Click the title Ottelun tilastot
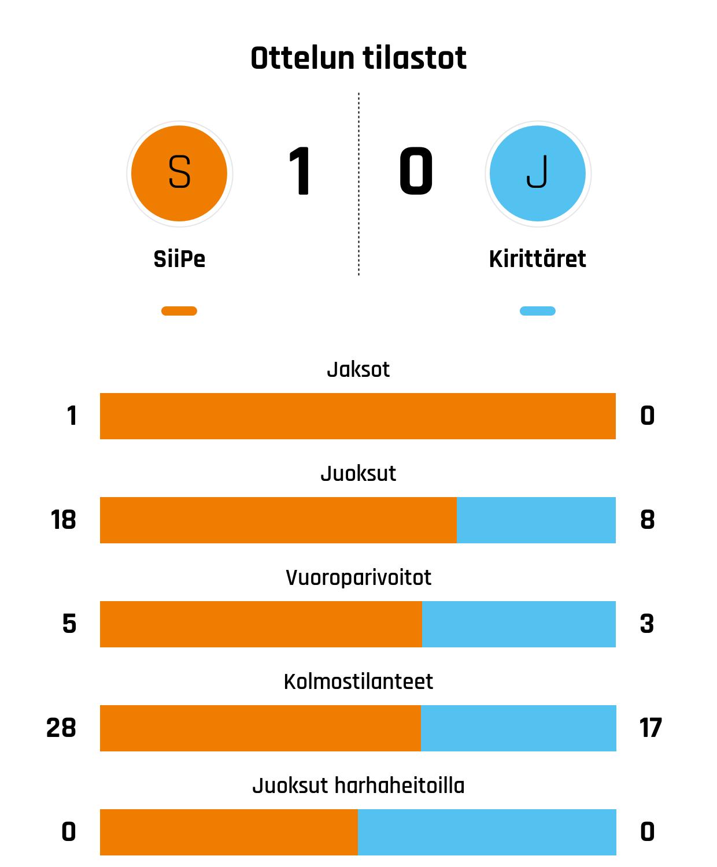coord(358,58)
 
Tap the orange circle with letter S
coord(179,173)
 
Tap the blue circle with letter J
coord(538,173)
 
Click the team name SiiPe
coord(179,259)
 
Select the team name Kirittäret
coord(538,259)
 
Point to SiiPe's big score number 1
coord(300,172)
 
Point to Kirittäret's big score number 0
coord(416,172)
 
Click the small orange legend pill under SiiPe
coord(179,311)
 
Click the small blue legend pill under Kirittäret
coord(538,311)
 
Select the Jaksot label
coord(358,369)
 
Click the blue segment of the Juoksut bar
coord(536,520)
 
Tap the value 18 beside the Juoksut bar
coord(63,520)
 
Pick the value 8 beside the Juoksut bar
coord(648,520)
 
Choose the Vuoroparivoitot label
coord(358,577)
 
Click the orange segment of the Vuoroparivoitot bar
coord(261,624)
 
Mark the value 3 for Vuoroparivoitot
coord(647,624)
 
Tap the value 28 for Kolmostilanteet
coord(61,728)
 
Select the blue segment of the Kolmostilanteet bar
coord(519,728)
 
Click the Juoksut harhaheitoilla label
coord(358,786)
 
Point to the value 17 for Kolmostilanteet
coord(651,728)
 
